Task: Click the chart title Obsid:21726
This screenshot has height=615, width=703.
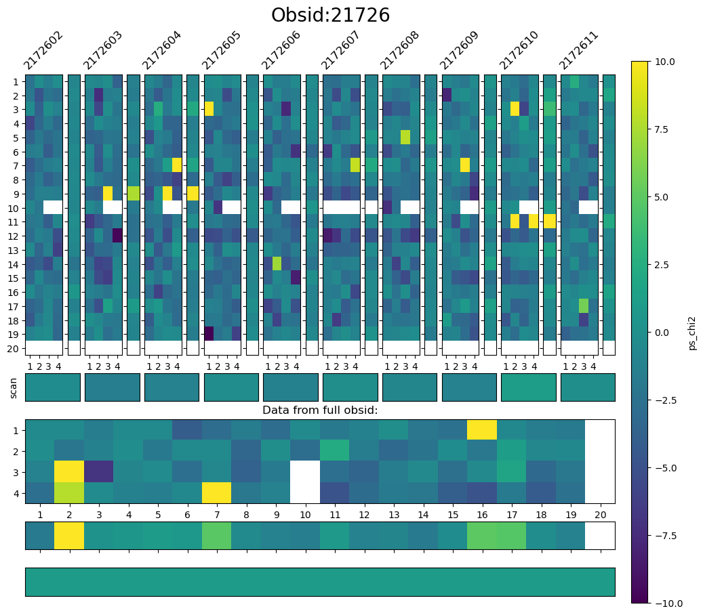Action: pyautogui.click(x=330, y=15)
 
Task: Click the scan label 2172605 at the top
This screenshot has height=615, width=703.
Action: pyautogui.click(x=221, y=50)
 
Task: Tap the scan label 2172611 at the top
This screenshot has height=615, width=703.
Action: pyautogui.click(x=578, y=50)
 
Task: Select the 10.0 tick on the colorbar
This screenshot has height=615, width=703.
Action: pyautogui.click(x=664, y=62)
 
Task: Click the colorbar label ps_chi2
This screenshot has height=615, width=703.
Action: pyautogui.click(x=693, y=333)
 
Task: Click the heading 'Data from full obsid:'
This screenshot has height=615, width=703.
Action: pyautogui.click(x=320, y=410)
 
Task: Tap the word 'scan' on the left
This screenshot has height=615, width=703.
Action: pyautogui.click(x=14, y=388)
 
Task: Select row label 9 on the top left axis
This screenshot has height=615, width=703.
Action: pyautogui.click(x=16, y=194)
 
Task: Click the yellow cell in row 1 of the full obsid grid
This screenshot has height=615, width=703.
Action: pyautogui.click(x=482, y=430)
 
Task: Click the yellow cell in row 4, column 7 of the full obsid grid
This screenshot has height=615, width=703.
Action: pyautogui.click(x=216, y=492)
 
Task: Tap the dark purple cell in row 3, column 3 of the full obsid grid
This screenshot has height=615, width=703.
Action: pyautogui.click(x=98, y=471)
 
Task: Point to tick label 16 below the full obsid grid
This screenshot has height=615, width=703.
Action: pyautogui.click(x=482, y=515)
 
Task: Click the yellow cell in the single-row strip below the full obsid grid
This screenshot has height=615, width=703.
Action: pyautogui.click(x=69, y=536)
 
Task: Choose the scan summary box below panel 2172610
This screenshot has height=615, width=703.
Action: pyautogui.click(x=529, y=387)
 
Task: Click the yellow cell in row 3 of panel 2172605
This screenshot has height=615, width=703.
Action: pyautogui.click(x=209, y=109)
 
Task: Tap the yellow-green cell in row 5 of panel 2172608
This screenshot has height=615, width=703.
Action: pyautogui.click(x=406, y=137)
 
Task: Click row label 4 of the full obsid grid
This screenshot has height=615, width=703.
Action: pyautogui.click(x=16, y=494)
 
